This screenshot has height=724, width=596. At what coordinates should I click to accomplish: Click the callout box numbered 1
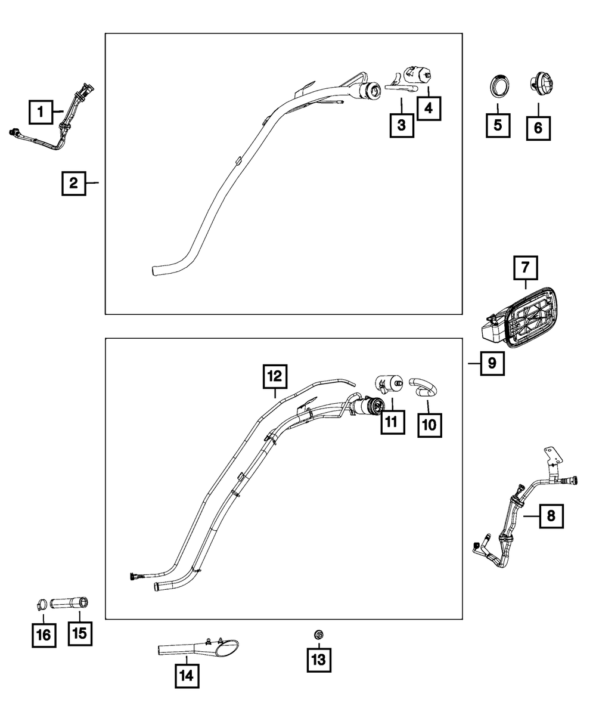click(41, 111)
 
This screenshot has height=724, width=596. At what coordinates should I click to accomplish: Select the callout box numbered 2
click(74, 183)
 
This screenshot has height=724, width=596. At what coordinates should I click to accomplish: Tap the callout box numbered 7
click(526, 268)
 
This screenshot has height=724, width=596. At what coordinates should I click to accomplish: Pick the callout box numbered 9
click(492, 363)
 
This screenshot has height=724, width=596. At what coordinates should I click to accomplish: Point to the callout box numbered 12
click(274, 378)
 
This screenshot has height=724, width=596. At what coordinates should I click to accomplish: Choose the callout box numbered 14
click(187, 676)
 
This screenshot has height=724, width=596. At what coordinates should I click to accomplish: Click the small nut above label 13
click(318, 636)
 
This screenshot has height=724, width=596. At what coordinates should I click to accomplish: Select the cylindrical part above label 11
click(387, 383)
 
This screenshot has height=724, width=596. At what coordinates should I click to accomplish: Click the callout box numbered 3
click(402, 125)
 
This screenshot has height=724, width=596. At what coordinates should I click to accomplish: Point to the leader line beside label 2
click(93, 183)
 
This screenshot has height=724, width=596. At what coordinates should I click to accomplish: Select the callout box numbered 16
click(44, 635)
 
